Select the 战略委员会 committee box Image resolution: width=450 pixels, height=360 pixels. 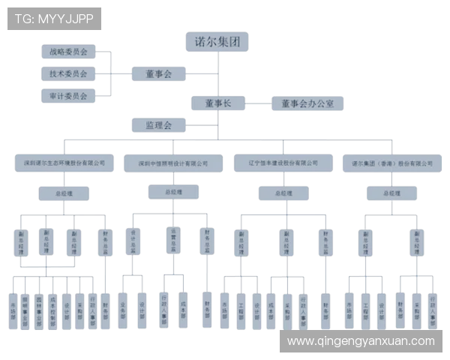67,52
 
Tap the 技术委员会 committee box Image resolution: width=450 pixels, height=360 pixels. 67,73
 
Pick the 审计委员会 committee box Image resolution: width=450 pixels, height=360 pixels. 67,96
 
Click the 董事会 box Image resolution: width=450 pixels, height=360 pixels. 158,73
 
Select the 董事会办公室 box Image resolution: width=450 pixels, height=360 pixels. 307,103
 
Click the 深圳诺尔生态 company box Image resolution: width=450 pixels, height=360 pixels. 64,160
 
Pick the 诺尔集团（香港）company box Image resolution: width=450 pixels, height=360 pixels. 389,162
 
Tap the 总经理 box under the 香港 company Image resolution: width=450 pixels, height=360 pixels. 391,193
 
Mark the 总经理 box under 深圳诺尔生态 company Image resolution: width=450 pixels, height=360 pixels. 64,193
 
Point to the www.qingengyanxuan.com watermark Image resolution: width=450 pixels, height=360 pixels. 361,341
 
